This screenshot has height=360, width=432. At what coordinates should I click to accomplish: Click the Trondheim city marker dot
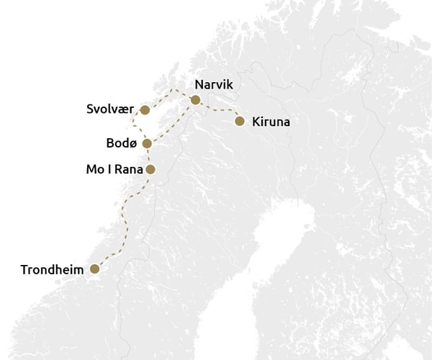pyautogui.click(x=94, y=269)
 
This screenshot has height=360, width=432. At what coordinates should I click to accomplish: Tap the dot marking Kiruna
pyautogui.click(x=240, y=121)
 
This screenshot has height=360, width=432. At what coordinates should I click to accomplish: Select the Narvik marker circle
pyautogui.click(x=195, y=99)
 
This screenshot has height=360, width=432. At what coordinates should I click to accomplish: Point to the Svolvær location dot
pyautogui.click(x=145, y=110)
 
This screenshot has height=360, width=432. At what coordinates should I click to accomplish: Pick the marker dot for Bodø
pyautogui.click(x=147, y=143)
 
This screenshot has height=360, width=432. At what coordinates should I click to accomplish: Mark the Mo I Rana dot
pyautogui.click(x=150, y=170)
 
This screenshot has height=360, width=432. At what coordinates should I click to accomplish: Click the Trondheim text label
pyautogui.click(x=53, y=270)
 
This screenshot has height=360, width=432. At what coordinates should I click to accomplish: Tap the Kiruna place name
pyautogui.click(x=271, y=122)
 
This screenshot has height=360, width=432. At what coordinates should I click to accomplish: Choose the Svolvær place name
pyautogui.click(x=111, y=110)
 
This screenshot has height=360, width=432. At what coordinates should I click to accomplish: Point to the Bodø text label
pyautogui.click(x=121, y=143)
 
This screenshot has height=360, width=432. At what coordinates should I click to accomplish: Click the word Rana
pyautogui.click(x=127, y=171)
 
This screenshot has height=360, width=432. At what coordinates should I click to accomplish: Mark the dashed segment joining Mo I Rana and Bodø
pyautogui.click(x=148, y=157)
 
